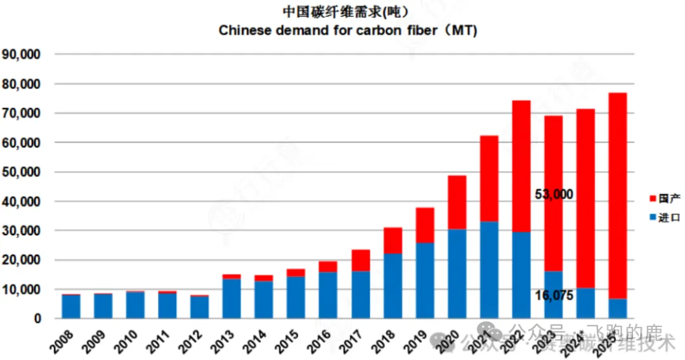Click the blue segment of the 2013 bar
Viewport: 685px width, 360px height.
[232, 299]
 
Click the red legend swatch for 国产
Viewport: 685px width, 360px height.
[653, 199]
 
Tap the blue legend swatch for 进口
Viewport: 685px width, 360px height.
[653, 217]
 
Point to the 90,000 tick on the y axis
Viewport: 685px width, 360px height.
[22, 55]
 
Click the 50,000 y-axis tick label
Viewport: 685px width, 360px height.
[22, 172]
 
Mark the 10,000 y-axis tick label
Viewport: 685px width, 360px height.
[22, 290]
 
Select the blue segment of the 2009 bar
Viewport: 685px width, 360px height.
[103, 306]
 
